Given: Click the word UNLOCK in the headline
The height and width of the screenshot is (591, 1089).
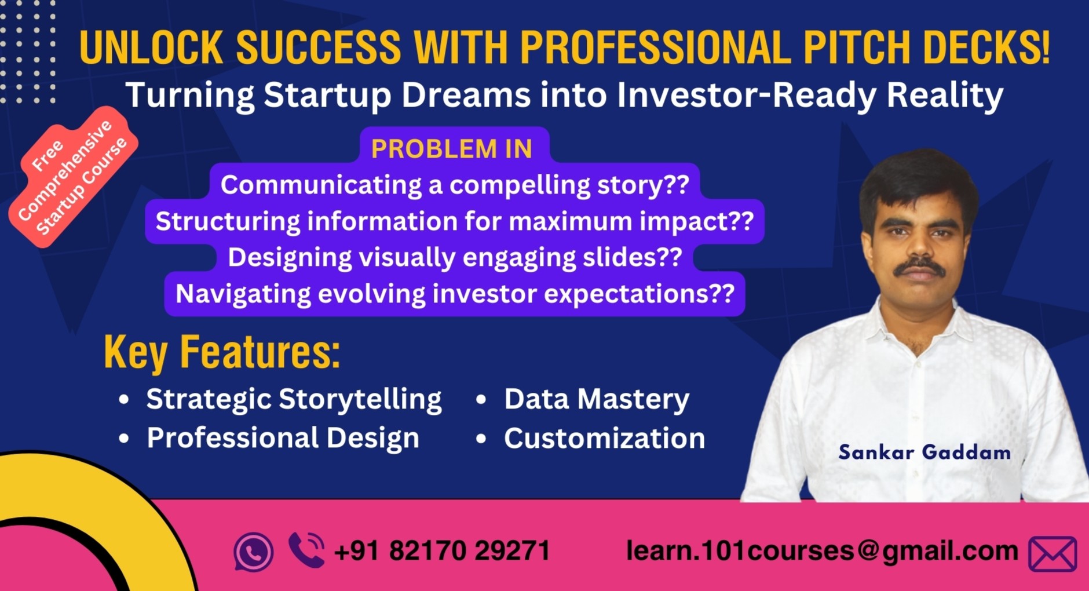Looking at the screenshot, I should click(x=151, y=48).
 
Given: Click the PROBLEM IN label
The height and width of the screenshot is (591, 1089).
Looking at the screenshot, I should click(x=452, y=149).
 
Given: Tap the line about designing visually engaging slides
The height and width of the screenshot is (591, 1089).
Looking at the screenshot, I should click(x=455, y=258).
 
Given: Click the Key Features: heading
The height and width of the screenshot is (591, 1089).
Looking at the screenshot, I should click(x=222, y=352).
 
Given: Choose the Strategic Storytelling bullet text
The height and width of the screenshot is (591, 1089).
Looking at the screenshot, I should click(x=294, y=399).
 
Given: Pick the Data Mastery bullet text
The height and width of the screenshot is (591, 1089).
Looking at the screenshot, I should click(x=597, y=399).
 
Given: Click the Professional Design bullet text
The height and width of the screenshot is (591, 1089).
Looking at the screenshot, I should click(x=283, y=438).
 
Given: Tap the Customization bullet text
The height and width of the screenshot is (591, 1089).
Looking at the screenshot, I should click(x=604, y=439).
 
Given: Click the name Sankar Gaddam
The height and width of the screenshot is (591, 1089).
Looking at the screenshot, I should click(x=924, y=453).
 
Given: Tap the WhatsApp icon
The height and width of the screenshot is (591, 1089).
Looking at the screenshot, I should click(x=253, y=552).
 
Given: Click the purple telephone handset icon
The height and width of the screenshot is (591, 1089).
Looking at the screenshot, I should click(x=306, y=549).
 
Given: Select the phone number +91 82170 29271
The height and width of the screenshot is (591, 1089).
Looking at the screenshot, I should click(x=442, y=550).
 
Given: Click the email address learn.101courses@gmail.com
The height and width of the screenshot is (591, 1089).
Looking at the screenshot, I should click(x=821, y=550).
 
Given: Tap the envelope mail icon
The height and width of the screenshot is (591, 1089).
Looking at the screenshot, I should click(x=1053, y=553).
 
